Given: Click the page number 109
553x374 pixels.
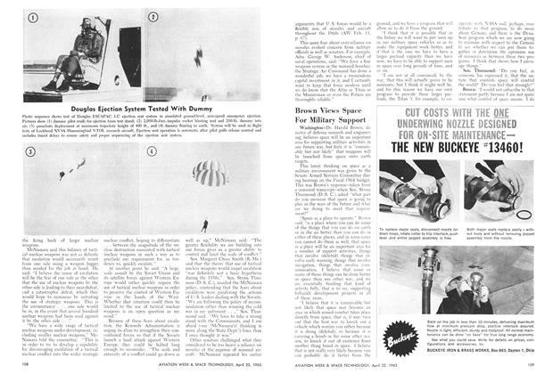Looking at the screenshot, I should [x=529, y=363].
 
